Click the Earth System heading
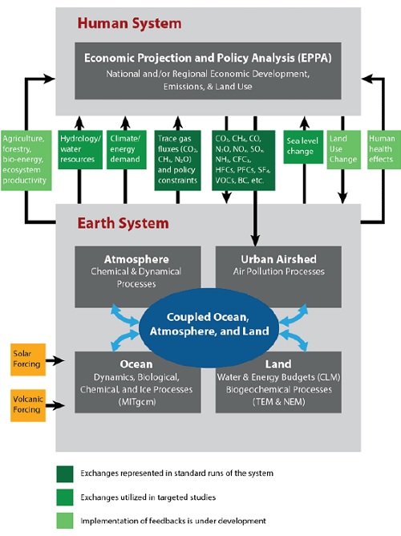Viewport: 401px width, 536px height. coord(118,223)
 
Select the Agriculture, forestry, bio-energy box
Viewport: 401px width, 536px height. coord(26,159)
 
